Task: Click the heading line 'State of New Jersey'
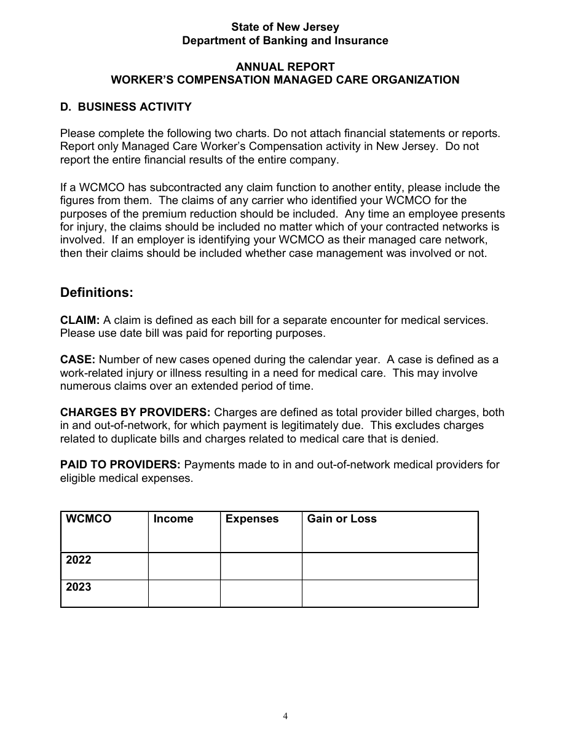[285, 27]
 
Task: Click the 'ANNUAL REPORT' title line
[285, 66]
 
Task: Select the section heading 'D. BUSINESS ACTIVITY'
[126, 107]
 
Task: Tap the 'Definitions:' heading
[97, 293]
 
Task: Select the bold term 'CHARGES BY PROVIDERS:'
[135, 412]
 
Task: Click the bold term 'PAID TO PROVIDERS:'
[120, 465]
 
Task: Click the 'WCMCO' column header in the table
[89, 519]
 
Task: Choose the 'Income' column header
[173, 519]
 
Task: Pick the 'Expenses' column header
[252, 519]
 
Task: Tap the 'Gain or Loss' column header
[342, 519]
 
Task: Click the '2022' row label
[79, 560]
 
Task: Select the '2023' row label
[79, 587]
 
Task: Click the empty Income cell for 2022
[184, 566]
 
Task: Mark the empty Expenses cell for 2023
[261, 594]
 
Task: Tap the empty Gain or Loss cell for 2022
[390, 566]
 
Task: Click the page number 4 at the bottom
[285, 716]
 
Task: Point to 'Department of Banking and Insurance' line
[285, 41]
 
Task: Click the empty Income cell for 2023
[184, 594]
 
